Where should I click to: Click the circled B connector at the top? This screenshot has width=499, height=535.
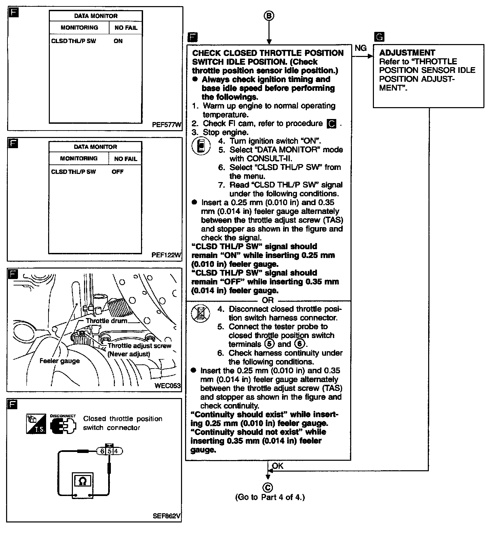tap(268, 16)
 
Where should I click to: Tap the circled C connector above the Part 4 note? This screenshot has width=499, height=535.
tap(267, 488)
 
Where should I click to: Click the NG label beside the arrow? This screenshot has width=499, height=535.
tap(361, 48)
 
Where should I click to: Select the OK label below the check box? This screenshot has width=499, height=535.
tap(278, 466)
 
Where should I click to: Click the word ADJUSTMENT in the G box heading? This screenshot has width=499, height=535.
tap(407, 53)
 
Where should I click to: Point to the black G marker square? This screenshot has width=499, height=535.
tap(379, 37)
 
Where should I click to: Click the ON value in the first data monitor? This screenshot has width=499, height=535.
tap(118, 41)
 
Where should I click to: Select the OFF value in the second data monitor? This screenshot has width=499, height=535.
tap(118, 172)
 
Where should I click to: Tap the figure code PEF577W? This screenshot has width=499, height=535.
tap(166, 125)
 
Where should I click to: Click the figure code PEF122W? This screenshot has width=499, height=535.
tap(166, 255)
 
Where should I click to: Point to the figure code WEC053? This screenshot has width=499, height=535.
tap(167, 385)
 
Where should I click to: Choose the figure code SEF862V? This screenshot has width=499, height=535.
tap(167, 516)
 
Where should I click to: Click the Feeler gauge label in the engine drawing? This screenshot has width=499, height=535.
tap(60, 361)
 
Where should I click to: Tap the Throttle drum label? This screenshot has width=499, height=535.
tap(106, 321)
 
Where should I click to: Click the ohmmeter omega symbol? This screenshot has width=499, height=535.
tap(82, 481)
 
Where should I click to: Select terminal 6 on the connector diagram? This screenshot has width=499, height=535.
tap(102, 451)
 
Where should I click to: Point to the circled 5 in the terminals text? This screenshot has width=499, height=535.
tap(269, 344)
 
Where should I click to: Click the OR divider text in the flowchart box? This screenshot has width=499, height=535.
tap(267, 300)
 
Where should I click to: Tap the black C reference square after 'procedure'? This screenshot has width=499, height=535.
tap(331, 124)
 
